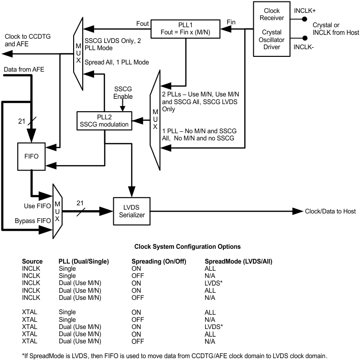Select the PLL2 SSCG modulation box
pyautogui.click(x=104, y=120)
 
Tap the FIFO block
pyautogui.click(x=31, y=156)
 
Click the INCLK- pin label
pyautogui.click(x=304, y=48)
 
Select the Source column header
pyautogui.click(x=32, y=262)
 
